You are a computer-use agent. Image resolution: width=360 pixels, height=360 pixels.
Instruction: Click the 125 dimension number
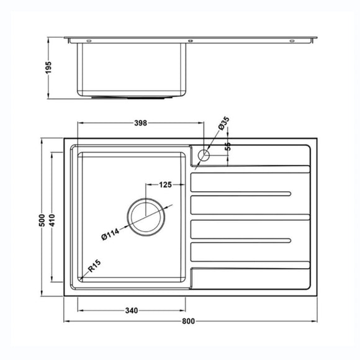[165, 185]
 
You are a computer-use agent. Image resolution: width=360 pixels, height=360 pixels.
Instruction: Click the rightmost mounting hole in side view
[291, 41]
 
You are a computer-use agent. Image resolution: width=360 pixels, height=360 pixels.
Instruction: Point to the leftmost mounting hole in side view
[87, 41]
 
